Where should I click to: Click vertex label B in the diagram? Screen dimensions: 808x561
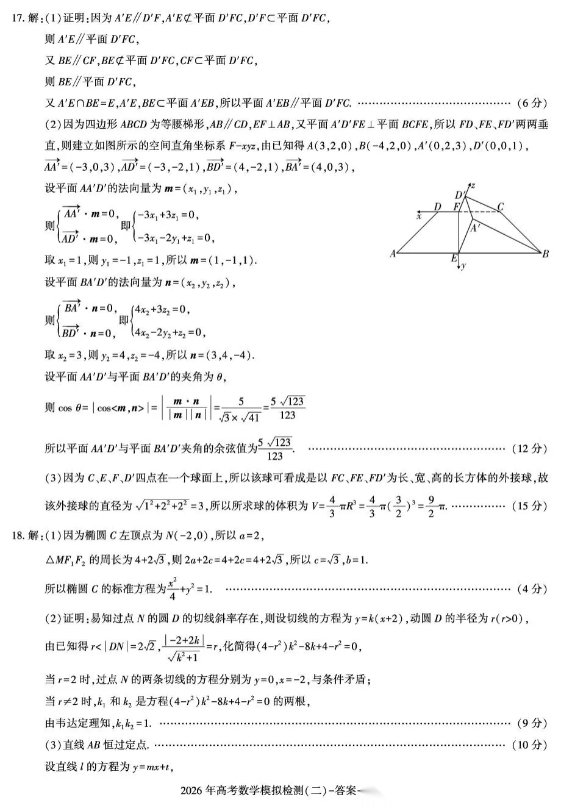click(545, 254)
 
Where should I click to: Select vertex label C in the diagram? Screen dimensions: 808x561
click(500, 207)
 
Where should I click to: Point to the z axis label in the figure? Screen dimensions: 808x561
click(473, 185)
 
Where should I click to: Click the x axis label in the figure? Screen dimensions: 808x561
click(419, 215)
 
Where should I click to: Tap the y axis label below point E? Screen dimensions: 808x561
click(464, 266)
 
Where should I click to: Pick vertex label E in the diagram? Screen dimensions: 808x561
click(454, 259)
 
